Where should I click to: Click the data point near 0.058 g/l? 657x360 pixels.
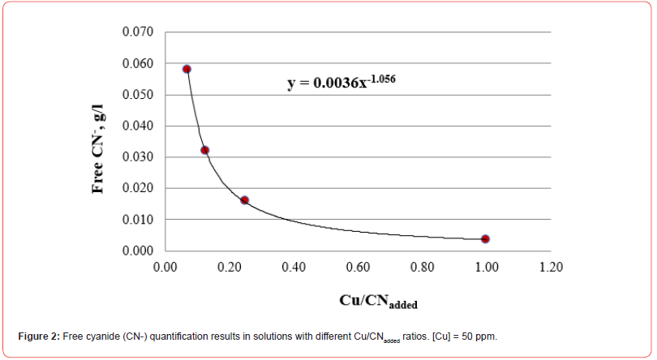click(187, 69)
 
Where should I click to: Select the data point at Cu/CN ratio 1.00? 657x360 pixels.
click(485, 238)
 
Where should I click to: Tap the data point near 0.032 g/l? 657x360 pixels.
click(205, 150)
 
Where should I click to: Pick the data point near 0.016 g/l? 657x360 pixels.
click(244, 200)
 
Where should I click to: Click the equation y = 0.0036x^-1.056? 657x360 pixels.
click(341, 83)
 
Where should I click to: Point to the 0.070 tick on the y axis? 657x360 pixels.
click(138, 32)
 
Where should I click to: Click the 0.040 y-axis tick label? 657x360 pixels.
click(138, 126)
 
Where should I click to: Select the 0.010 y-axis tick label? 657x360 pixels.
click(138, 220)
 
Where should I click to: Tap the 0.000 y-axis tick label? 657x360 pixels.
click(138, 251)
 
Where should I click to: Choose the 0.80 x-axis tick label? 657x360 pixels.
click(423, 266)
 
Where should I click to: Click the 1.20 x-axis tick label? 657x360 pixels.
click(552, 266)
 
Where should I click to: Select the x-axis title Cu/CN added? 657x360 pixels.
click(379, 301)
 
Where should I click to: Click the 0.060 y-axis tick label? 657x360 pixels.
click(138, 64)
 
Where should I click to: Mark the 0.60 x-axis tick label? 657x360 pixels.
click(359, 266)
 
